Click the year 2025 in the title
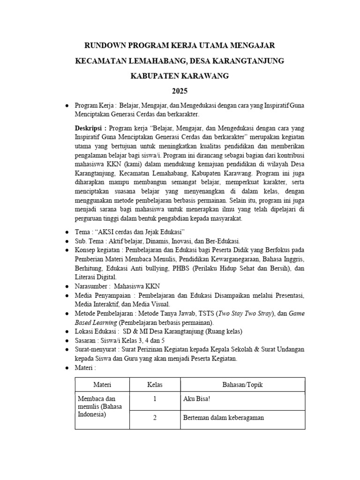click(180, 90)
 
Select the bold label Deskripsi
click(90, 128)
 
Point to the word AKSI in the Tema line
click(109, 232)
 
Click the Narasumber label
click(91, 286)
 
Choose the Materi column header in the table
click(102, 385)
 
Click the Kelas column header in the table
click(155, 385)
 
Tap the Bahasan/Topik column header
click(242, 385)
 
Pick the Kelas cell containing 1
click(155, 400)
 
